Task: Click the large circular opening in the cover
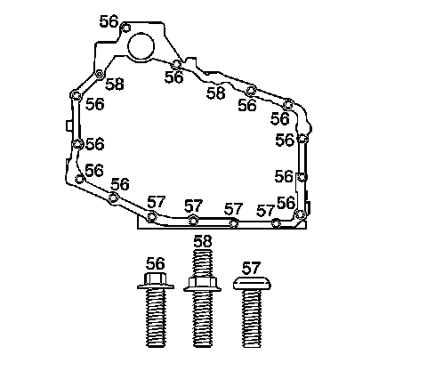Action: [141, 46]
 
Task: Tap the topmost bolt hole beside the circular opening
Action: [126, 28]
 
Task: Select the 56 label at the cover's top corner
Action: [109, 21]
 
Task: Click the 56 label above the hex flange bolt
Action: [156, 263]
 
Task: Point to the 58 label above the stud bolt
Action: [203, 241]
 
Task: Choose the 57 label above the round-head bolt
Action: [251, 268]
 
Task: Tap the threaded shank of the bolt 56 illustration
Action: [156, 318]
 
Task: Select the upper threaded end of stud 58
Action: [203, 263]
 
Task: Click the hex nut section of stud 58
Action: [202, 284]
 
